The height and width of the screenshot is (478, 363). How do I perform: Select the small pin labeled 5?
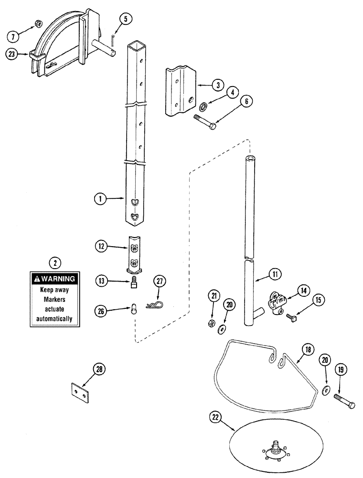click(113, 37)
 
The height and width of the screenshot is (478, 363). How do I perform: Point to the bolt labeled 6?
click(205, 121)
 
